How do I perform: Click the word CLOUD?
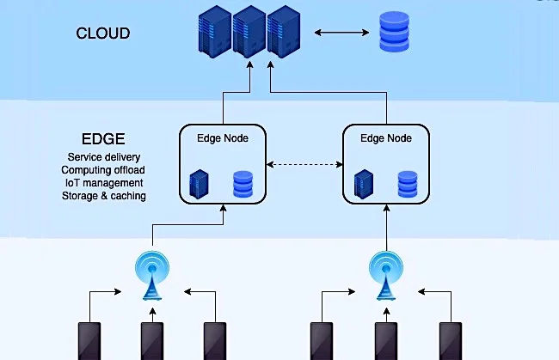tap(103, 34)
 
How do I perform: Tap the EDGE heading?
tap(103, 139)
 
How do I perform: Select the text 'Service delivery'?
tap(104, 157)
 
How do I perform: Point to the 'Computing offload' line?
tap(103, 170)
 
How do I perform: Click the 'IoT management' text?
tap(104, 183)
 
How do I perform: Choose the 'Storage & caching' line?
tap(104, 196)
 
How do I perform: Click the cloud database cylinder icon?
tap(394, 32)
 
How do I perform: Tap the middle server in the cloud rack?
tap(249, 31)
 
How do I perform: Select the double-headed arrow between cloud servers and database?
tap(341, 33)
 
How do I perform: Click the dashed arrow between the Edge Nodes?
tap(304, 164)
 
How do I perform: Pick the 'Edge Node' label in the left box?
tap(223, 138)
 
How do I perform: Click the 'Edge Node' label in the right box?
tap(386, 138)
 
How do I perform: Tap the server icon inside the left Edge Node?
tap(199, 184)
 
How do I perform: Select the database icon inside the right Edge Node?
tap(408, 184)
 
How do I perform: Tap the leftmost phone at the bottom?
tap(89, 341)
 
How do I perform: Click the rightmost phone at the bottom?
tap(451, 341)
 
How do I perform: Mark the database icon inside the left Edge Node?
tap(243, 184)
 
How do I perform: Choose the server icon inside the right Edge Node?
tap(364, 184)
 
